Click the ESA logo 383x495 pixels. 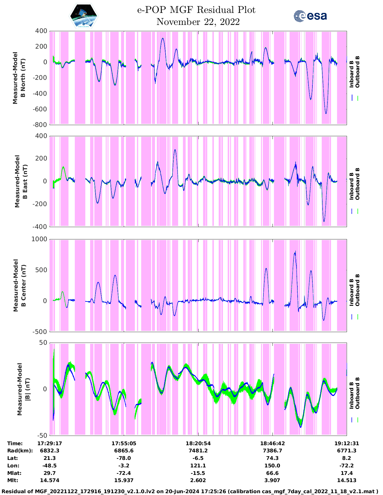(x=310, y=16)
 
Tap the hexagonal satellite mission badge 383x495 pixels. (x=84, y=16)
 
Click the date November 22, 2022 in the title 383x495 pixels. (x=198, y=22)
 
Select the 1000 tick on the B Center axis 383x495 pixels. (x=39, y=239)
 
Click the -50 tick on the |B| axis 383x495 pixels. (x=42, y=435)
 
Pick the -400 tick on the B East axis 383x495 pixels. (x=40, y=227)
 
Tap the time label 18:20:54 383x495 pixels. (x=198, y=443)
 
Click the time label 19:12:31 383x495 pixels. (x=347, y=443)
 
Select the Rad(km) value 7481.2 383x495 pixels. (x=198, y=451)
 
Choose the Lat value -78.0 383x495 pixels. (x=124, y=458)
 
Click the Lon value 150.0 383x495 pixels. (x=272, y=465)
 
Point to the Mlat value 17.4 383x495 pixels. (x=347, y=473)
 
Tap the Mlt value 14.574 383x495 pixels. (x=50, y=480)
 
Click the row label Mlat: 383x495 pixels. (x=14, y=473)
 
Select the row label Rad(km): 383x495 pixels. (x=20, y=451)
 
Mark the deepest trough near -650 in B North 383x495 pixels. (x=326, y=113)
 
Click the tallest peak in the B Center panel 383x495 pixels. (x=295, y=251)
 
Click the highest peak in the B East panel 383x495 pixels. (x=175, y=150)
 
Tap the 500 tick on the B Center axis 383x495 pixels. (x=41, y=270)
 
